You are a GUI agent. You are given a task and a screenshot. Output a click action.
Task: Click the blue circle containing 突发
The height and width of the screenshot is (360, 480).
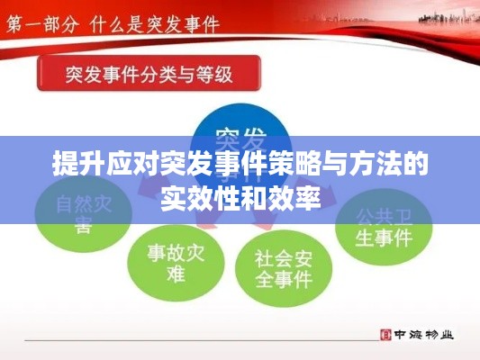pyautogui.click(x=240, y=139)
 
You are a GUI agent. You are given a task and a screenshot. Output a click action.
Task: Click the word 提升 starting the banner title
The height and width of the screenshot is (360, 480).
pyautogui.click(x=76, y=166)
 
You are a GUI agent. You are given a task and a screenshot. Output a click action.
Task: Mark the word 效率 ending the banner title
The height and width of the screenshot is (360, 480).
pyautogui.click(x=296, y=195)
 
